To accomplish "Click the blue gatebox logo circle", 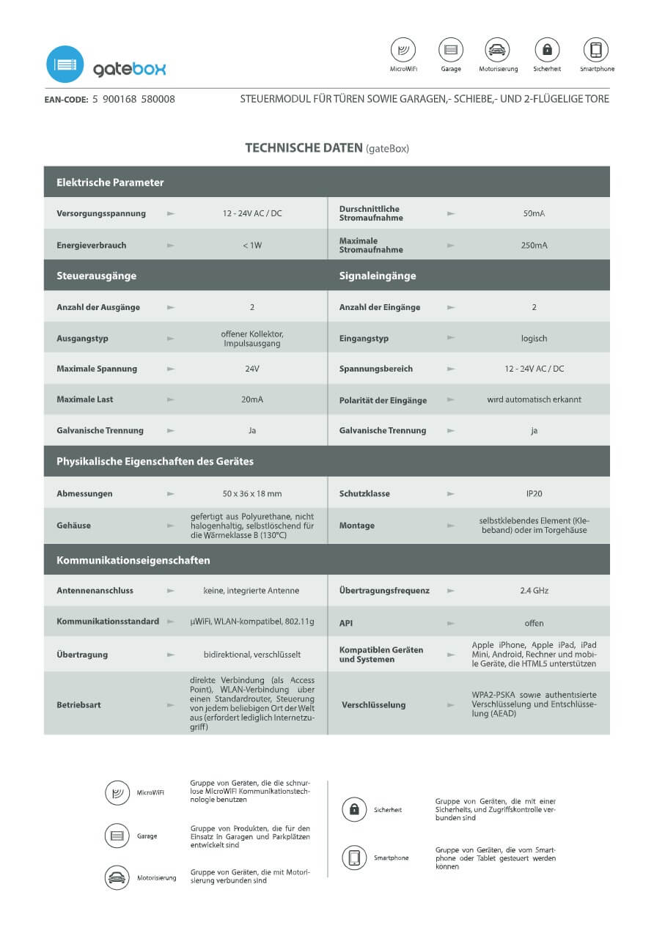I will (65, 65).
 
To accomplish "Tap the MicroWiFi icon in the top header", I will (403, 50).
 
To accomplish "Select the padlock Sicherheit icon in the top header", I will (547, 50).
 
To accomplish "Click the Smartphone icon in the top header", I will (596, 50).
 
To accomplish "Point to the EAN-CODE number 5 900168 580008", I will (133, 99).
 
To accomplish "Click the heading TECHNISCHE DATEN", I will (304, 148).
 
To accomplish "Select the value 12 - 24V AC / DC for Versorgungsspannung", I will (251, 213).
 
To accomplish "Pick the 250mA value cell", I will (534, 245).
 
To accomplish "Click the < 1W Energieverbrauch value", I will (251, 245).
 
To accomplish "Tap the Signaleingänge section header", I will (378, 276).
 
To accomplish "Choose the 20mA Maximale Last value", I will (251, 399).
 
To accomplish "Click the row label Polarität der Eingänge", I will (383, 400).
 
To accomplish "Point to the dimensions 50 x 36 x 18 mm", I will (251, 493).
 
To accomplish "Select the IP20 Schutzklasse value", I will (534, 493).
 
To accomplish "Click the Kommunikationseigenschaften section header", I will (133, 560).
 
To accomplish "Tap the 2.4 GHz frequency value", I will (534, 590).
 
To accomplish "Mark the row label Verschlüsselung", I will (373, 704).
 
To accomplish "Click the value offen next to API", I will (534, 623).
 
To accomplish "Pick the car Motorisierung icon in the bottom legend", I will (117, 877).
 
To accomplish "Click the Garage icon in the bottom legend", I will (117, 836).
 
